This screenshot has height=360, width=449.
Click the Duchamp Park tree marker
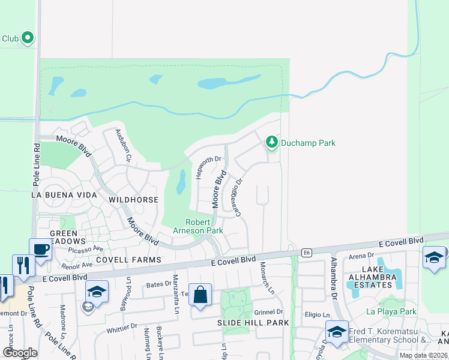(272, 142)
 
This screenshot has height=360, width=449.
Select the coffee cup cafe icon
(40, 249)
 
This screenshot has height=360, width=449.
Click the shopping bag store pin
(200, 295)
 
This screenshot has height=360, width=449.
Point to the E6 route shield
(306, 253)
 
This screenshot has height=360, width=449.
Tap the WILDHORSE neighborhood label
(133, 199)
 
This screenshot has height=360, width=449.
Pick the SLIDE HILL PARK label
(253, 323)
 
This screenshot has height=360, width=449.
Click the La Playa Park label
(391, 312)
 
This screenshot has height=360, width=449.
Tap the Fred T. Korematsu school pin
(337, 332)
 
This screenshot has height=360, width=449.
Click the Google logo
(20, 353)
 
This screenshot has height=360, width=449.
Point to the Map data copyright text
(423, 355)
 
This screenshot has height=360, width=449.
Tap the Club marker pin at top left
(27, 38)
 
